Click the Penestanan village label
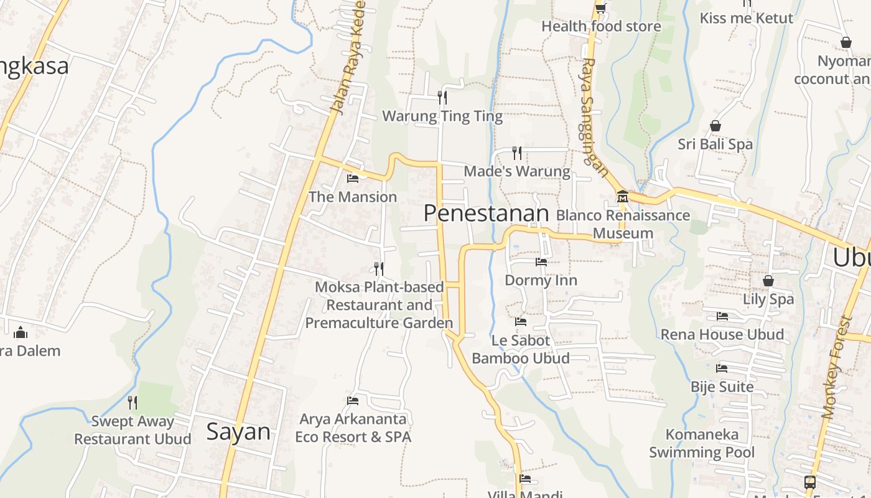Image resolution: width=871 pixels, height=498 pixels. point(486,214)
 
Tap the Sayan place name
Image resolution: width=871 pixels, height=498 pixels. point(238,431)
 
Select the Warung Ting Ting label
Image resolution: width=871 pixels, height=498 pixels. point(442,116)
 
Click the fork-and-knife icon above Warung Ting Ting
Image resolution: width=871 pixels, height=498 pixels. point(442,97)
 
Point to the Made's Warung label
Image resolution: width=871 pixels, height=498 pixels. point(517,171)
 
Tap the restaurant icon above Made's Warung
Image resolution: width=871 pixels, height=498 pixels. point(516,152)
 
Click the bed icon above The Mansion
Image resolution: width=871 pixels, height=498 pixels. point(353,179)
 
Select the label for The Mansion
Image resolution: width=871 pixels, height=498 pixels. point(353,197)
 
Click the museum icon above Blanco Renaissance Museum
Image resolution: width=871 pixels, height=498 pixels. point(622,197)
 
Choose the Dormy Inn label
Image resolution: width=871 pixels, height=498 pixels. point(541,280)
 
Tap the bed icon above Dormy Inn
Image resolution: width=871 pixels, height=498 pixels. point(541,262)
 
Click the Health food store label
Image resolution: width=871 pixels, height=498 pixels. point(601,26)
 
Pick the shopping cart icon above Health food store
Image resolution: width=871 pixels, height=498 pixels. point(600,8)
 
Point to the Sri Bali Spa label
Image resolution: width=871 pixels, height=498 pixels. point(715,144)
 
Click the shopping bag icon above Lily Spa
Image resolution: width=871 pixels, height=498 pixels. point(768,281)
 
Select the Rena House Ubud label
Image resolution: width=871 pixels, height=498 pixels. point(722,334)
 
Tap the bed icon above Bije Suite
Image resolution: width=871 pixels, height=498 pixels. point(722,369)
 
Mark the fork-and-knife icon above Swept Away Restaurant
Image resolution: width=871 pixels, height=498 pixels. point(133,403)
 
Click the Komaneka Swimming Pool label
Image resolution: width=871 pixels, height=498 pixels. point(702,443)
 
